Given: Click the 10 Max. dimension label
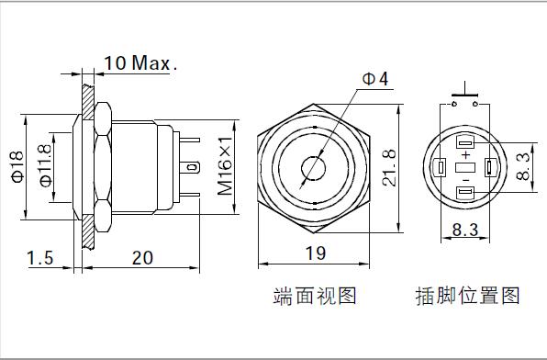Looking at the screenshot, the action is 140,63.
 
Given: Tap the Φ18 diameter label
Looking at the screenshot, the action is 17,167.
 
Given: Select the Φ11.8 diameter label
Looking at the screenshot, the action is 45,165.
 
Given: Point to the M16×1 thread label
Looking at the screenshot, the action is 225,166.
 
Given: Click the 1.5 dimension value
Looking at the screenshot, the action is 40,258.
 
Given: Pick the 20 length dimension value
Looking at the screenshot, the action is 142,258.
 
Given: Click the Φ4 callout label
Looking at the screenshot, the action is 375,79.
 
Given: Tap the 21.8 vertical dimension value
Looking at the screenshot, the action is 389,168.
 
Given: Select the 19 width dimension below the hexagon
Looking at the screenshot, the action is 316,253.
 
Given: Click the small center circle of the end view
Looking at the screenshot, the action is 313,169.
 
